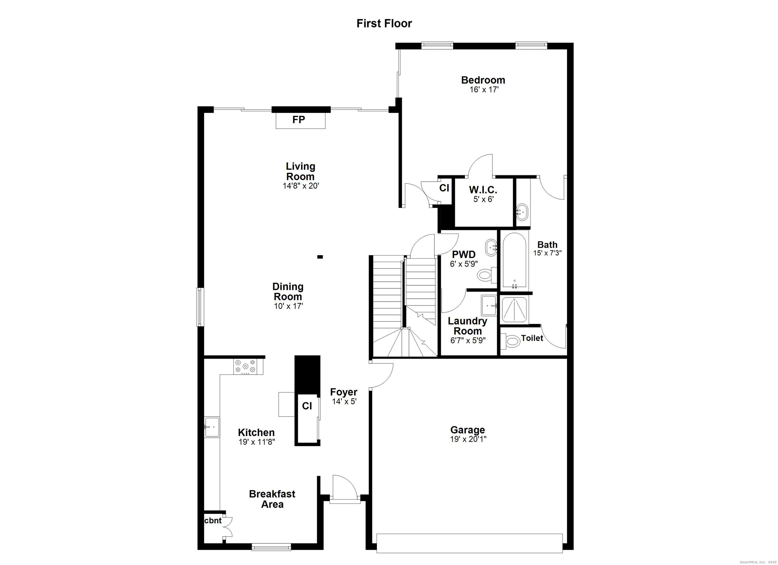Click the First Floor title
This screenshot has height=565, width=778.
384,23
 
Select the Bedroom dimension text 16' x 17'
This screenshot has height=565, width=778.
484,90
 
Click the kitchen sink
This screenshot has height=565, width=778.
212,427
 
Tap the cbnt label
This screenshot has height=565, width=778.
213,520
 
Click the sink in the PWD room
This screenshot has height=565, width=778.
491,247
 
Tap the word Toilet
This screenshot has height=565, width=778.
532,338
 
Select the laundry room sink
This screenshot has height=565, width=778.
489,305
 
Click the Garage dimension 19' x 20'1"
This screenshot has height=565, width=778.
468,439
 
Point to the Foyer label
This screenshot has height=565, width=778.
344,392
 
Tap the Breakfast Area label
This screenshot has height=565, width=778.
272,499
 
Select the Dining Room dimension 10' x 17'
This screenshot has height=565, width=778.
288,306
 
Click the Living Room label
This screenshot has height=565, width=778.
301,171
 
